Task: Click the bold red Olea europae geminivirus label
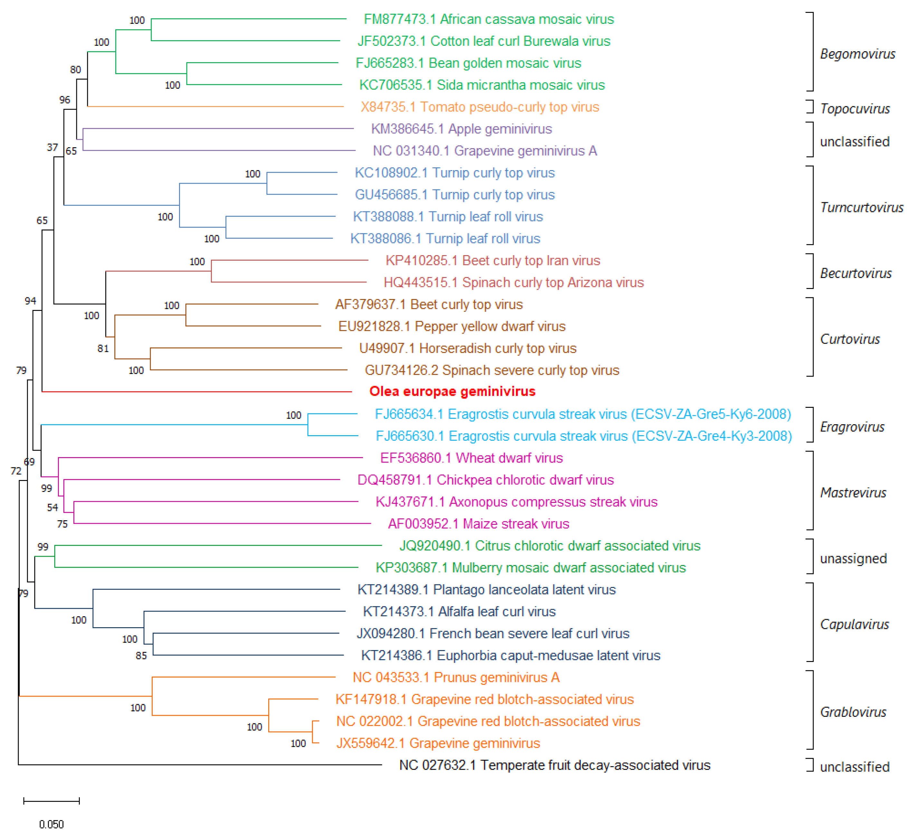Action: click(x=452, y=391)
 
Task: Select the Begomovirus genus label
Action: click(x=857, y=54)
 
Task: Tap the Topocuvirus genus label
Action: click(x=855, y=109)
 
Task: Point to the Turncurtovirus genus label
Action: click(x=862, y=207)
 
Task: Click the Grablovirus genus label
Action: click(x=853, y=712)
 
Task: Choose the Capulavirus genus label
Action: click(x=854, y=624)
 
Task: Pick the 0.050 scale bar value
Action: click(x=51, y=824)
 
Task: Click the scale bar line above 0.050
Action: click(x=51, y=801)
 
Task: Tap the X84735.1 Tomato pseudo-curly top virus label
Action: click(x=480, y=107)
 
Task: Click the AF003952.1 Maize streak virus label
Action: click(x=478, y=524)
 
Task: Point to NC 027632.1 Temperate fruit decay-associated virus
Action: click(x=555, y=765)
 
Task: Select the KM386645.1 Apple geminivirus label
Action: click(x=461, y=129)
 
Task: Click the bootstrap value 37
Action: click(x=52, y=148)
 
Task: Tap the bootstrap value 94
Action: click(x=30, y=301)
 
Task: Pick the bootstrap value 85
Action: click(x=141, y=656)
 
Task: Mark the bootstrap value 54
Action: click(x=52, y=508)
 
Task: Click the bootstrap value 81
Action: click(x=103, y=349)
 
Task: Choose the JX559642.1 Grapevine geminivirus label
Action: click(x=438, y=743)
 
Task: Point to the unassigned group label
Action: click(x=853, y=559)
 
